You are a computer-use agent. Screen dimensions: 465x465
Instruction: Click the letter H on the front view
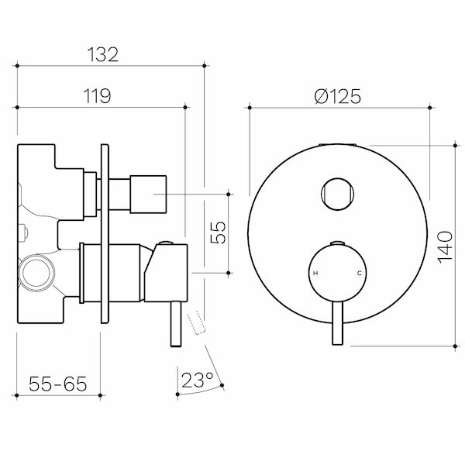[x=315, y=274]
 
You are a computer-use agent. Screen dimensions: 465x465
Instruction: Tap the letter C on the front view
[x=358, y=274]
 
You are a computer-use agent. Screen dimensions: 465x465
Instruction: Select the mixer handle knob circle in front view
[x=337, y=274]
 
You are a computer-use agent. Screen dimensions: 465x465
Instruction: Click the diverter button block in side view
[x=148, y=193]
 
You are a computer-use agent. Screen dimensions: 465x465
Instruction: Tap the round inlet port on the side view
[x=36, y=273]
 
